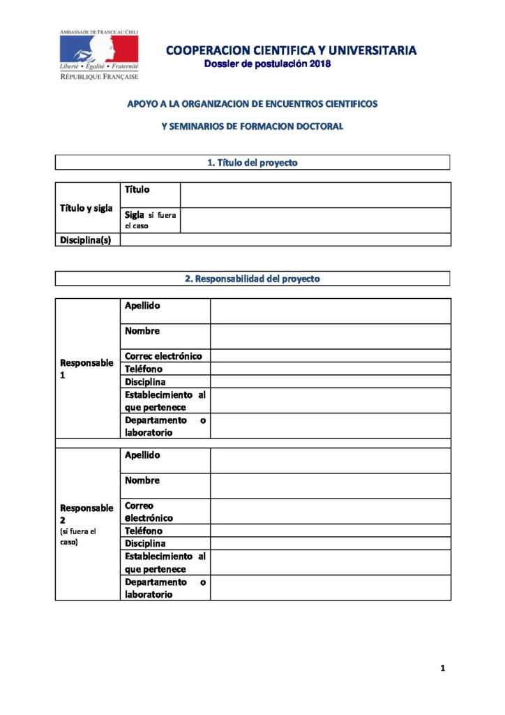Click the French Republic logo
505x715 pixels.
(98, 54)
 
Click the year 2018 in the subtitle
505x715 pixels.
(317, 64)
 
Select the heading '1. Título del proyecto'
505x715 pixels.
(252, 163)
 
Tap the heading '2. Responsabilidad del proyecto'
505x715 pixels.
(252, 279)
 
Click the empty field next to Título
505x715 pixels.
(315, 195)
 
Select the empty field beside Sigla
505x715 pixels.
(315, 220)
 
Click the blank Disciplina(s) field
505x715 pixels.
(285, 239)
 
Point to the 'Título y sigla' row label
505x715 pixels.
(86, 208)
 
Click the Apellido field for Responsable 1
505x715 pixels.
(331, 311)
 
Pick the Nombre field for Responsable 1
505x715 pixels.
(331, 336)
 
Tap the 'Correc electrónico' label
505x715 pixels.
(163, 356)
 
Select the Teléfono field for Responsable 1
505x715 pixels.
(331, 369)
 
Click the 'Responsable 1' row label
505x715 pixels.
(86, 369)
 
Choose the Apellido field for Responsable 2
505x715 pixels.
(331, 460)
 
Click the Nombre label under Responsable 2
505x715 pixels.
(142, 480)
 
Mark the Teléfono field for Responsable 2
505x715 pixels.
(331, 531)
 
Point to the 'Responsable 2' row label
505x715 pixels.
(86, 514)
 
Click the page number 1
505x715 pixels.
(442, 668)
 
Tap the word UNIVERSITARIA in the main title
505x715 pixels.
(367, 50)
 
